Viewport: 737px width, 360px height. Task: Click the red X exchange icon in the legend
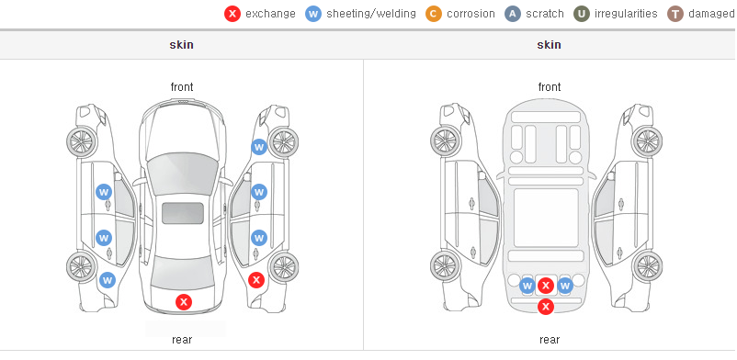[x=232, y=14]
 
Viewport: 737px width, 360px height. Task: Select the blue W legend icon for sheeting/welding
[x=313, y=14]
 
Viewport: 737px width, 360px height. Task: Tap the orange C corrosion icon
[x=434, y=14]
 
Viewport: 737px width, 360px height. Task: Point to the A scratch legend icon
[x=513, y=14]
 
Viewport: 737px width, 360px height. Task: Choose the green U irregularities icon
[x=582, y=14]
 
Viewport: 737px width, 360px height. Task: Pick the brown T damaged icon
[x=675, y=14]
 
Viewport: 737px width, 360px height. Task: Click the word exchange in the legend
[x=270, y=14]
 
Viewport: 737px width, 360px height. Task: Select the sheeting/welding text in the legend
[x=371, y=14]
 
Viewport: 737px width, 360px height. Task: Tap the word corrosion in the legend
[x=471, y=14]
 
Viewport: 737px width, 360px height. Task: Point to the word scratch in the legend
[x=545, y=14]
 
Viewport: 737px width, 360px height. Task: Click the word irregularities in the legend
[x=626, y=14]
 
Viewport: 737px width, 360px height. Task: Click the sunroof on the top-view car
[x=183, y=213]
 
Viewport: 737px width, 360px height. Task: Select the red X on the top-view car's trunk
[x=184, y=302]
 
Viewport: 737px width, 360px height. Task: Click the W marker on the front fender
[x=259, y=147]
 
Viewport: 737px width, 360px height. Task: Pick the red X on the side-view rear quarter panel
[x=256, y=281]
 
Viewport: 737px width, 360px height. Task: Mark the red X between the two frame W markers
[x=546, y=286]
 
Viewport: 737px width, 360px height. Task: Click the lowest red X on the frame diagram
[x=546, y=307]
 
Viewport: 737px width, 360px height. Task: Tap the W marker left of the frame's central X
[x=527, y=286]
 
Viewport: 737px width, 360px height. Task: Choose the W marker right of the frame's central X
[x=564, y=286]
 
